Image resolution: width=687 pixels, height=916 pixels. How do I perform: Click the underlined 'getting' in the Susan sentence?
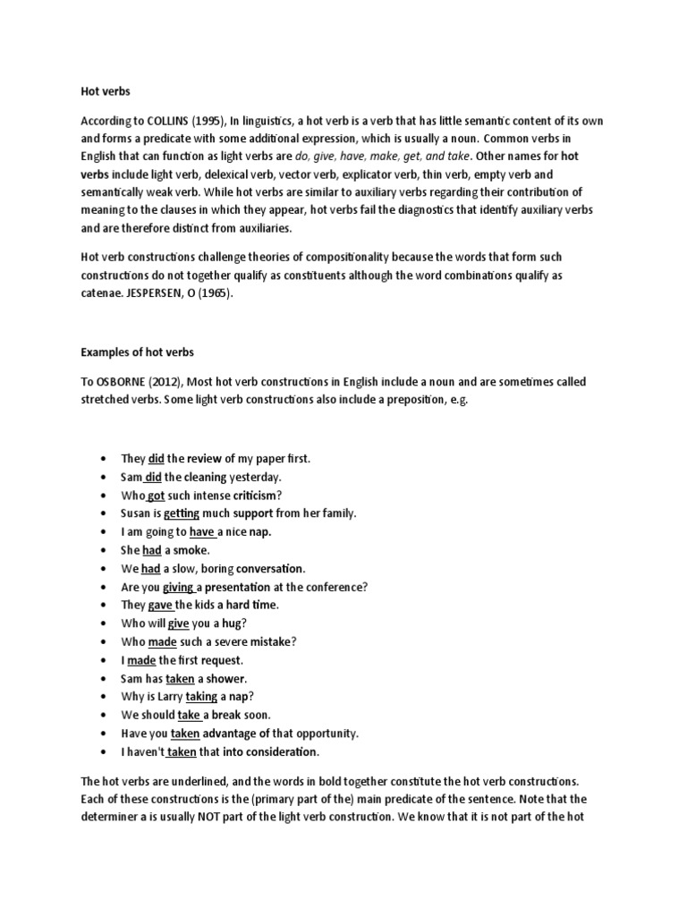coord(182,513)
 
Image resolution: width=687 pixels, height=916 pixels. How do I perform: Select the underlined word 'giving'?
coord(179,587)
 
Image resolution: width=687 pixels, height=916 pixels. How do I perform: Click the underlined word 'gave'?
coord(160,606)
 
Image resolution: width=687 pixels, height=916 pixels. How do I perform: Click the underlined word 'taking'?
coord(201,697)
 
